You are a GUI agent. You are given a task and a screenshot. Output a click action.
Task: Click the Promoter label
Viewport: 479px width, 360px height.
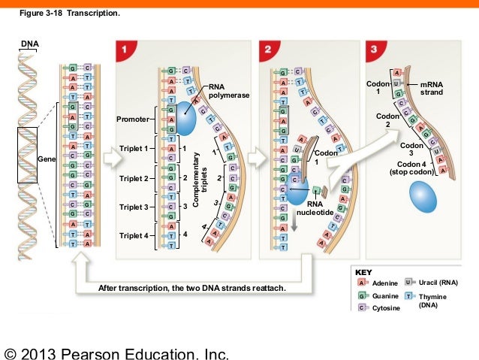click(x=133, y=119)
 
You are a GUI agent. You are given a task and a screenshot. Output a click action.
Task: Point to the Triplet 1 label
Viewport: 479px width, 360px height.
click(x=135, y=149)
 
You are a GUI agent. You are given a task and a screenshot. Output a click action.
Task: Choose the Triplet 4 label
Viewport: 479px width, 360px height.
click(x=135, y=235)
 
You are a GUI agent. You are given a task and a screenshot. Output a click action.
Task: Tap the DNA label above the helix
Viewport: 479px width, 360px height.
click(x=30, y=44)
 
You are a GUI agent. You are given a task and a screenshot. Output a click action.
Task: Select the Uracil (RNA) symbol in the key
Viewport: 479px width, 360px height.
click(x=409, y=281)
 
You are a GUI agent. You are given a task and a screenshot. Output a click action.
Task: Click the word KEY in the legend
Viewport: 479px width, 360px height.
click(x=363, y=271)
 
